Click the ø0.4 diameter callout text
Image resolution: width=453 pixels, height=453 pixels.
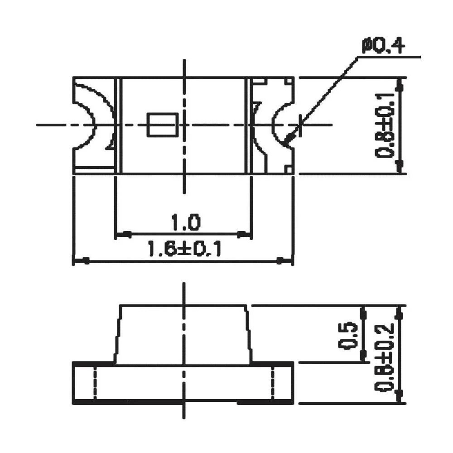click(x=383, y=46)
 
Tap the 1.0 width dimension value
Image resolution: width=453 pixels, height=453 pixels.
click(x=184, y=223)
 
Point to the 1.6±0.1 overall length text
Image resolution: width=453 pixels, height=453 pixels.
click(x=184, y=249)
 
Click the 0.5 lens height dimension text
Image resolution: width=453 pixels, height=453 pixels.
click(x=348, y=336)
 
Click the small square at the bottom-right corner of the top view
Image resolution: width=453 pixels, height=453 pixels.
click(x=288, y=169)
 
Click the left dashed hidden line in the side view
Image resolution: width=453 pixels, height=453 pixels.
click(x=95, y=383)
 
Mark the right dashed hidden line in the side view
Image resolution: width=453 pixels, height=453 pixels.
click(x=273, y=383)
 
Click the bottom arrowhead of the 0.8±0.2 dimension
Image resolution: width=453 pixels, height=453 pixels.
click(x=399, y=396)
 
